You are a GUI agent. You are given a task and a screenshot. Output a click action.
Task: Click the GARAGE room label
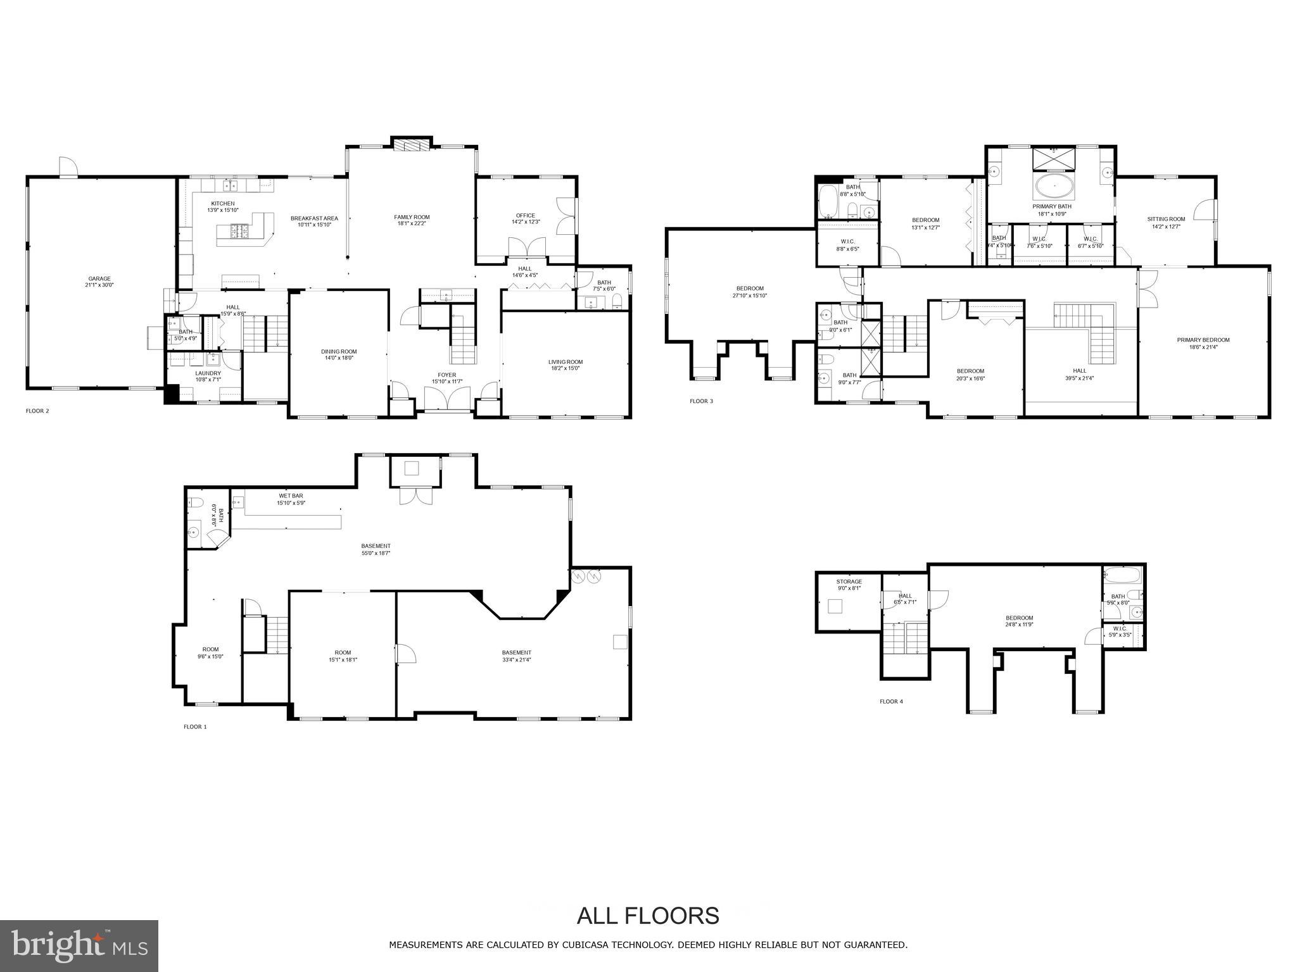(99, 278)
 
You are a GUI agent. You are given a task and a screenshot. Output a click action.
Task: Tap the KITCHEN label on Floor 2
(222, 204)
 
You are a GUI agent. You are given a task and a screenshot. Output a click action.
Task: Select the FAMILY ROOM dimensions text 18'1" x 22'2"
(412, 223)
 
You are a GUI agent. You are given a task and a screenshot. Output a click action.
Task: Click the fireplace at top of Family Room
(412, 146)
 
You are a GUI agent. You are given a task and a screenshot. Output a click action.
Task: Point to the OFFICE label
(525, 216)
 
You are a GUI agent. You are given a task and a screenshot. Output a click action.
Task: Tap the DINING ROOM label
(339, 352)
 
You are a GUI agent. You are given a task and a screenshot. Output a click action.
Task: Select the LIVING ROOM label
(565, 362)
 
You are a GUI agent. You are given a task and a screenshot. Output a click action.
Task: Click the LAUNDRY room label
(208, 373)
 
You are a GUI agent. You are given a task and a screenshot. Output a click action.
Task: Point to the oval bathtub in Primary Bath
(1054, 187)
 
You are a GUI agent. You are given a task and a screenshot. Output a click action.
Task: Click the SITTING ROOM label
(1166, 220)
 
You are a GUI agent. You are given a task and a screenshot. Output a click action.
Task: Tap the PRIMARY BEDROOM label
(1203, 340)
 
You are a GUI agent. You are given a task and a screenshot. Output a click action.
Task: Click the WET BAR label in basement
(291, 495)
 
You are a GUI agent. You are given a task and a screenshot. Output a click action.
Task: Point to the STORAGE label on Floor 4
(849, 582)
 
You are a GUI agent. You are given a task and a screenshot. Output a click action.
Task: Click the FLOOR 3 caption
(701, 401)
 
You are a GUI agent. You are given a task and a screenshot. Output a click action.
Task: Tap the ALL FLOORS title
(647, 915)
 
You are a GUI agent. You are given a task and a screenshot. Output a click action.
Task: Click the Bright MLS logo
(79, 945)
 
